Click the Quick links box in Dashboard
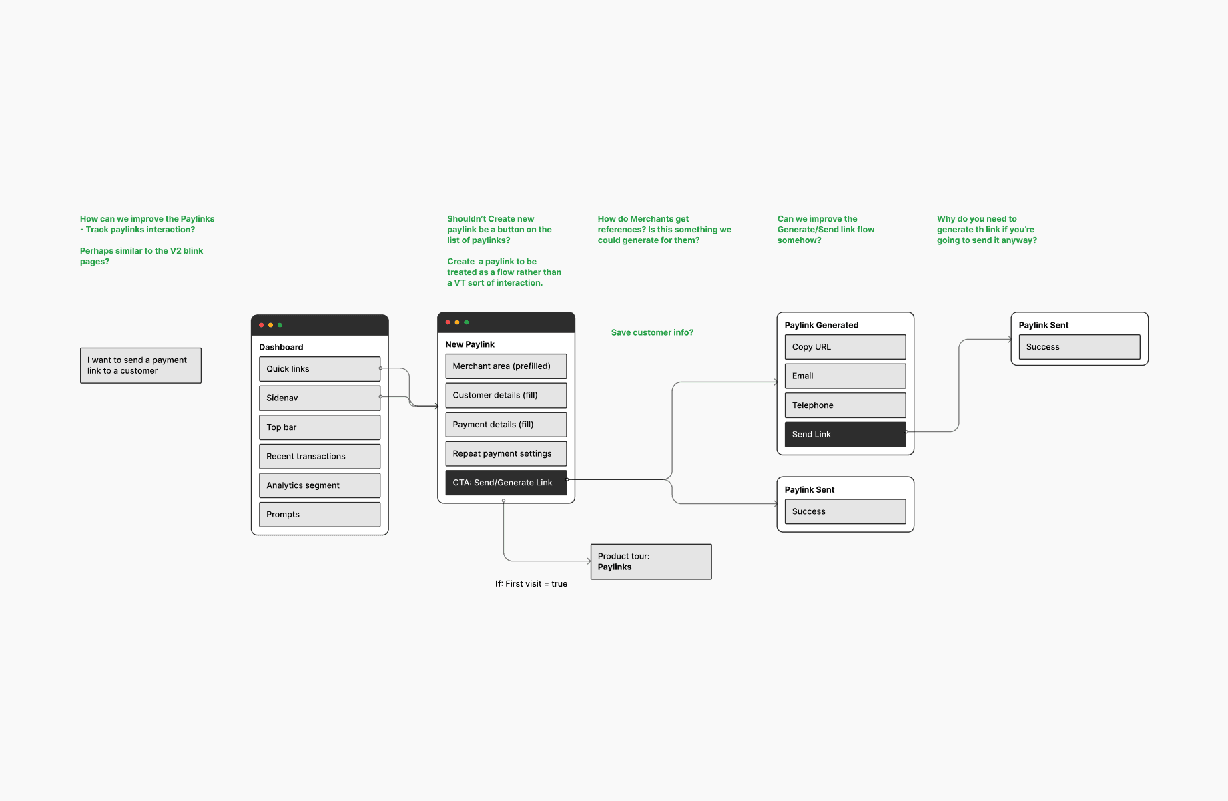point(320,369)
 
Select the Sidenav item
point(320,398)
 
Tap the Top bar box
point(320,427)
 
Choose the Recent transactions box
point(320,456)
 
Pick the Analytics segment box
point(320,485)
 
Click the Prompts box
point(320,515)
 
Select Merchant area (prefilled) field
point(506,366)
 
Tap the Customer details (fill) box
point(506,395)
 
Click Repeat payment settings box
point(506,454)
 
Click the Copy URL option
point(846,347)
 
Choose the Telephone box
point(846,405)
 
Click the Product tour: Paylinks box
point(651,561)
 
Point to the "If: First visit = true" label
point(531,584)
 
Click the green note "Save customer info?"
point(652,332)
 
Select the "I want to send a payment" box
point(141,366)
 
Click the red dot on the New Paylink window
point(448,322)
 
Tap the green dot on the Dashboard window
point(280,325)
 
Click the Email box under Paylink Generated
point(846,376)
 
